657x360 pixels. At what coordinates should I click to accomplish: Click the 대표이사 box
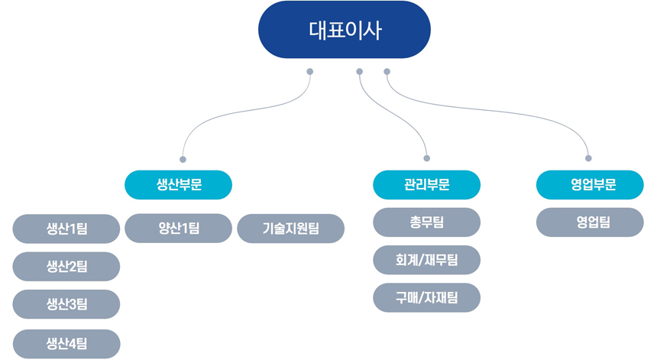click(345, 29)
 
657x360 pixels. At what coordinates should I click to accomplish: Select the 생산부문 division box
click(179, 185)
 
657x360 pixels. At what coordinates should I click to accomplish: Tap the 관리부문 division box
click(426, 185)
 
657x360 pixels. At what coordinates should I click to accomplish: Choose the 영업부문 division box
click(590, 185)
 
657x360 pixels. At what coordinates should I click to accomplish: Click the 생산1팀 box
click(66, 229)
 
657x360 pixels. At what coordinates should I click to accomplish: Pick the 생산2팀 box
click(66, 267)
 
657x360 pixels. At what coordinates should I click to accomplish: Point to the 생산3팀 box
click(66, 304)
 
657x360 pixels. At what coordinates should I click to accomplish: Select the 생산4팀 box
click(66, 344)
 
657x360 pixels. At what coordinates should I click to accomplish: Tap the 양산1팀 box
click(179, 229)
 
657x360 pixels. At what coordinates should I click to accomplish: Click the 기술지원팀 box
click(291, 229)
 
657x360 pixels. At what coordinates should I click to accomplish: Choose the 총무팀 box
click(426, 222)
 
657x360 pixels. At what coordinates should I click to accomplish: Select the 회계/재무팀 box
click(426, 261)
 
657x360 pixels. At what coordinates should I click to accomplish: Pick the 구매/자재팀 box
click(426, 297)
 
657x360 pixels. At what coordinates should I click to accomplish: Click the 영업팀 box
click(590, 222)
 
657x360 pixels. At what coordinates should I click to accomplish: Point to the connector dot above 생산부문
click(183, 159)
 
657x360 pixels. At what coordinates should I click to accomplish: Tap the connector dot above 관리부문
click(426, 158)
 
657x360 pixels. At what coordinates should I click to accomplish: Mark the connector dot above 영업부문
click(588, 158)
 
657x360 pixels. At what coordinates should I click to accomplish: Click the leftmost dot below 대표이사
click(310, 72)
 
